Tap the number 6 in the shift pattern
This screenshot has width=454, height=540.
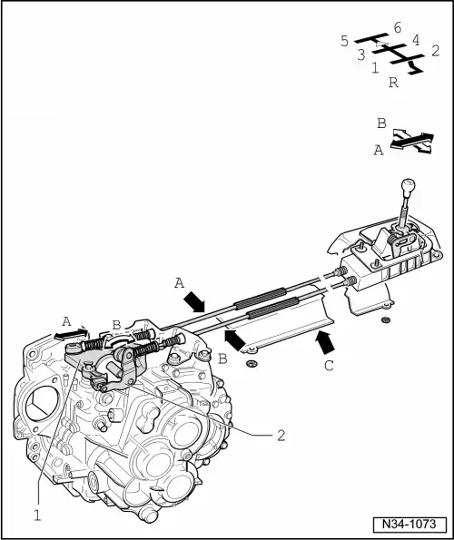(x=398, y=27)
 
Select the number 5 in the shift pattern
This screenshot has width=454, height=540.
(x=344, y=40)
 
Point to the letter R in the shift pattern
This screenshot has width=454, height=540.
(x=393, y=83)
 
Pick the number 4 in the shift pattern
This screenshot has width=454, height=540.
(x=415, y=40)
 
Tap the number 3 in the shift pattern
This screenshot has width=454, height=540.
(x=360, y=54)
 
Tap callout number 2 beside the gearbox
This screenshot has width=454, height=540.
(x=281, y=435)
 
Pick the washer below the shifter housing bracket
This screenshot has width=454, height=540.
(x=387, y=320)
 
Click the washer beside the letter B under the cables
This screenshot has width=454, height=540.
(x=252, y=365)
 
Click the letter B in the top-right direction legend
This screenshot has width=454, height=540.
(x=381, y=123)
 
